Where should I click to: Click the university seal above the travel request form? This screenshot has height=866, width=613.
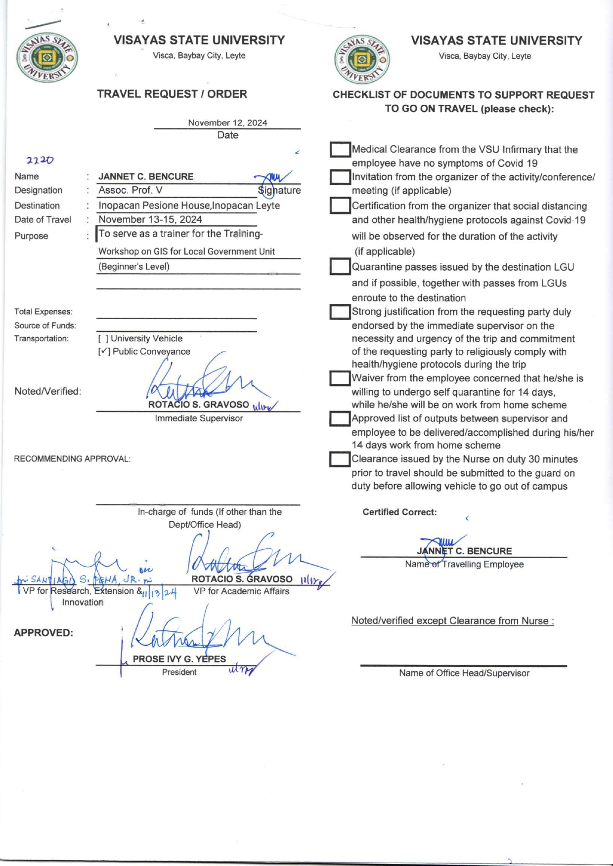click(x=47, y=58)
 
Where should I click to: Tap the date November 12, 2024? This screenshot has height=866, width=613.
click(x=227, y=123)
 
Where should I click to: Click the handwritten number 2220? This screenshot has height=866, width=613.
click(x=40, y=160)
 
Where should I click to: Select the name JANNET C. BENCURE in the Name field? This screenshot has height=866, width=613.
click(x=146, y=176)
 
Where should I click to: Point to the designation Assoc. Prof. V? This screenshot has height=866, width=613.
click(x=131, y=190)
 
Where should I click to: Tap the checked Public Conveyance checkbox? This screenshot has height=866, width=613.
click(x=104, y=352)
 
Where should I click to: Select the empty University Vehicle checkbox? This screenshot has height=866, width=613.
click(x=103, y=338)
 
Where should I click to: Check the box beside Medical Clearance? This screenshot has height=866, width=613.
click(x=340, y=150)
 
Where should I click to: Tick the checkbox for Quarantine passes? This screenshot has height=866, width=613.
click(x=340, y=267)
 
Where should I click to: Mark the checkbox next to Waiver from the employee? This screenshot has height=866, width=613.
click(x=340, y=378)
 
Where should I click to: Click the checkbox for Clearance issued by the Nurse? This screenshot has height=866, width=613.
click(x=340, y=459)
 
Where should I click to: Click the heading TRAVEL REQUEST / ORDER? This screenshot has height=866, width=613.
click(x=172, y=94)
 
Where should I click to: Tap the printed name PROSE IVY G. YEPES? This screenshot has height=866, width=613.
click(x=179, y=659)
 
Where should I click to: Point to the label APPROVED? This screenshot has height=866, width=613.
click(x=44, y=633)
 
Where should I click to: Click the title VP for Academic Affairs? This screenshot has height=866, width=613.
click(x=241, y=591)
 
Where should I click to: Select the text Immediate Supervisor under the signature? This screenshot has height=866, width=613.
click(x=199, y=418)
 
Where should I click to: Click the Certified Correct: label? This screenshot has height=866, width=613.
click(x=399, y=512)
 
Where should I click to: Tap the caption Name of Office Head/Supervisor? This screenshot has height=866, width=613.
click(x=464, y=673)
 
